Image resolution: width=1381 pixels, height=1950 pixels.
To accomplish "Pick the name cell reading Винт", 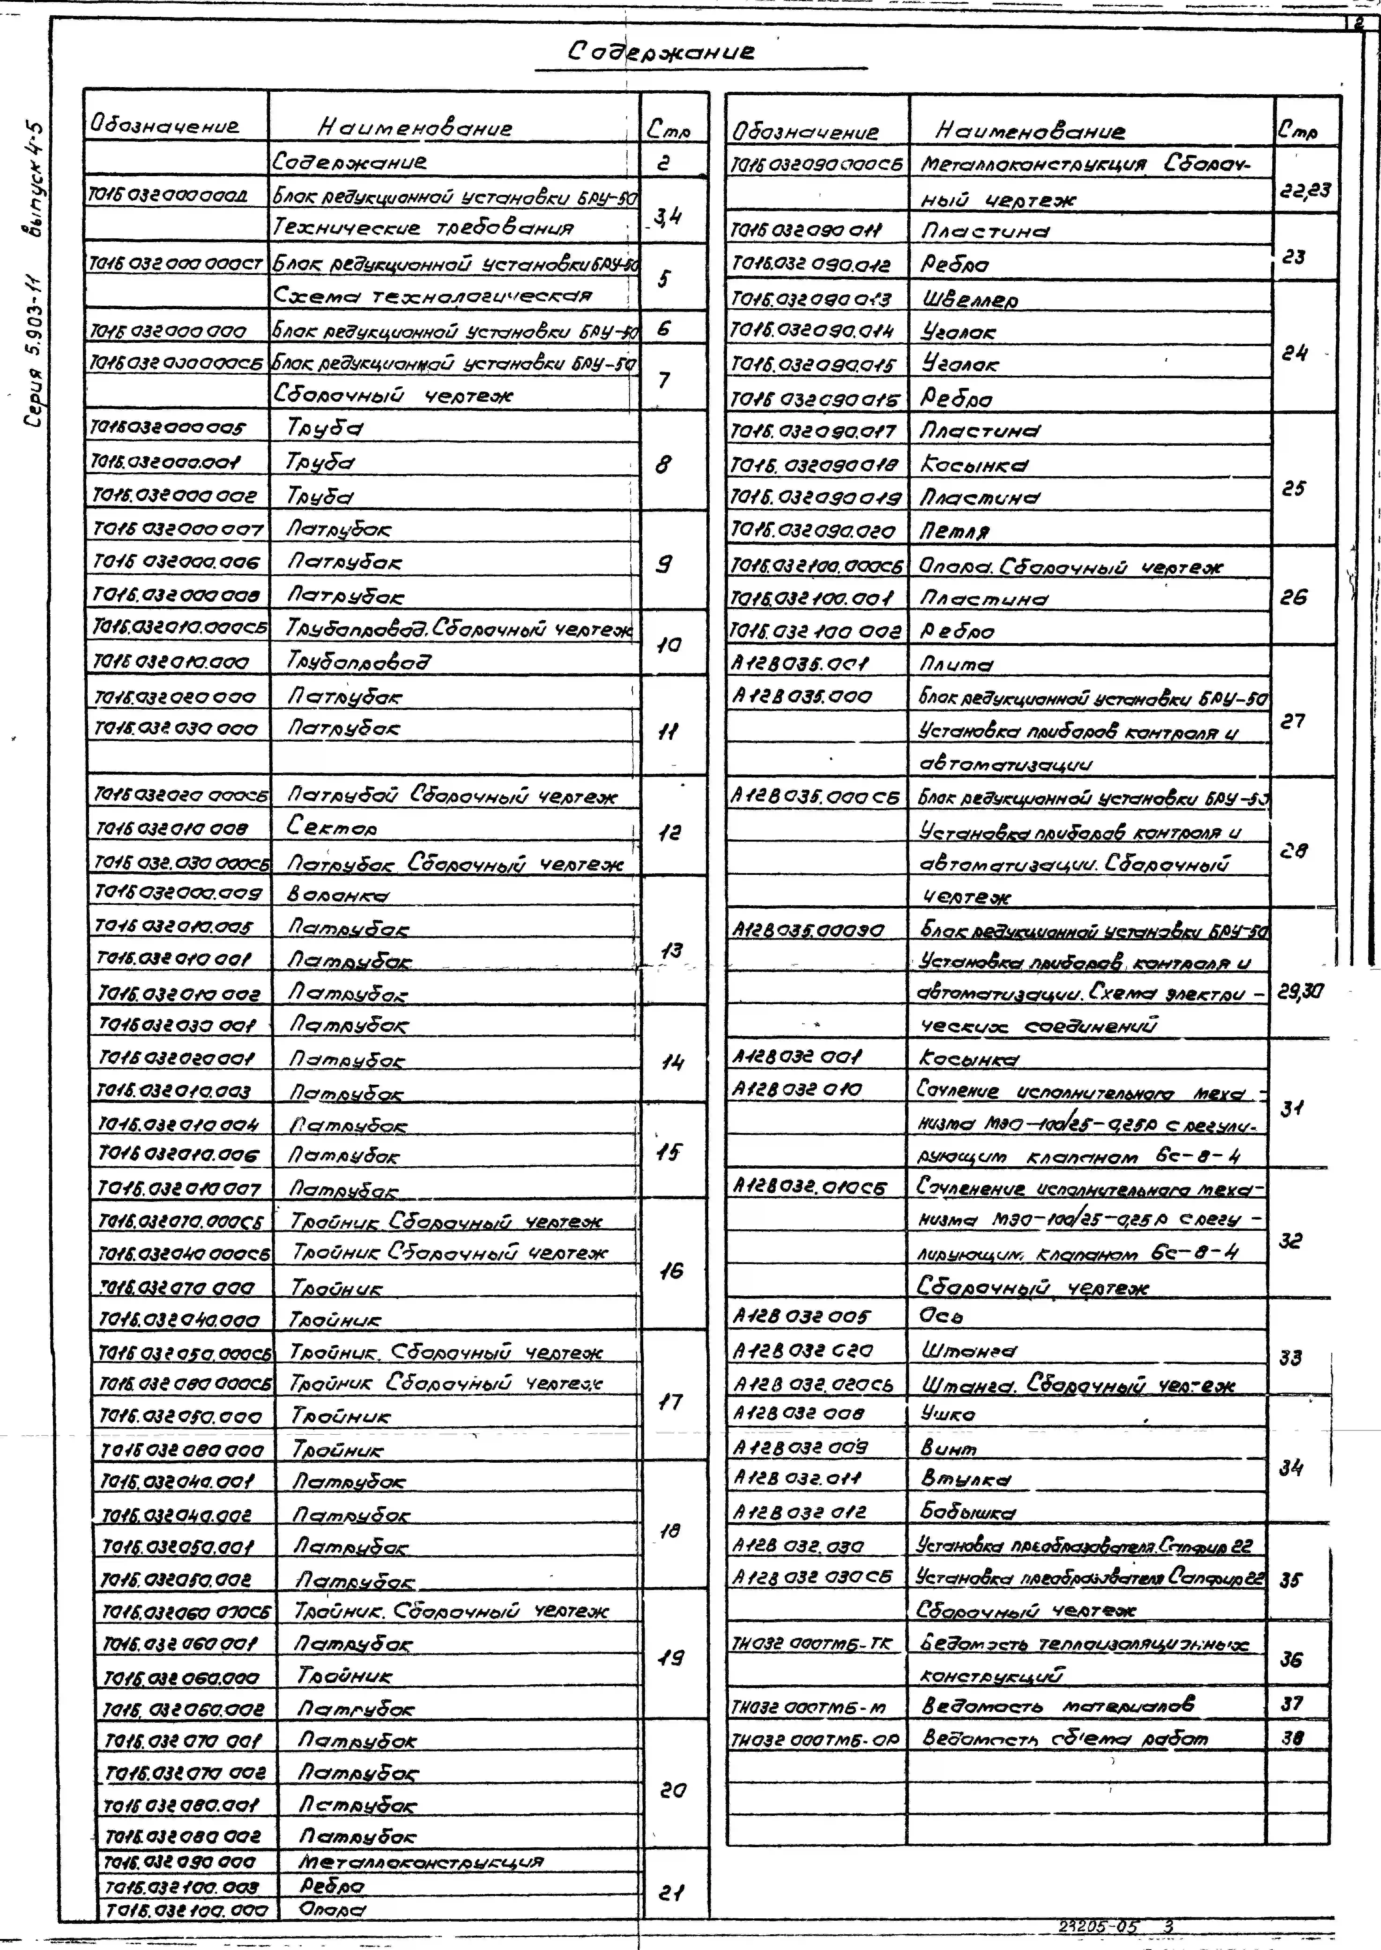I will click(x=948, y=1448).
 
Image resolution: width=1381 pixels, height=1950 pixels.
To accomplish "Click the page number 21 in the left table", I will click(x=671, y=1893).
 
